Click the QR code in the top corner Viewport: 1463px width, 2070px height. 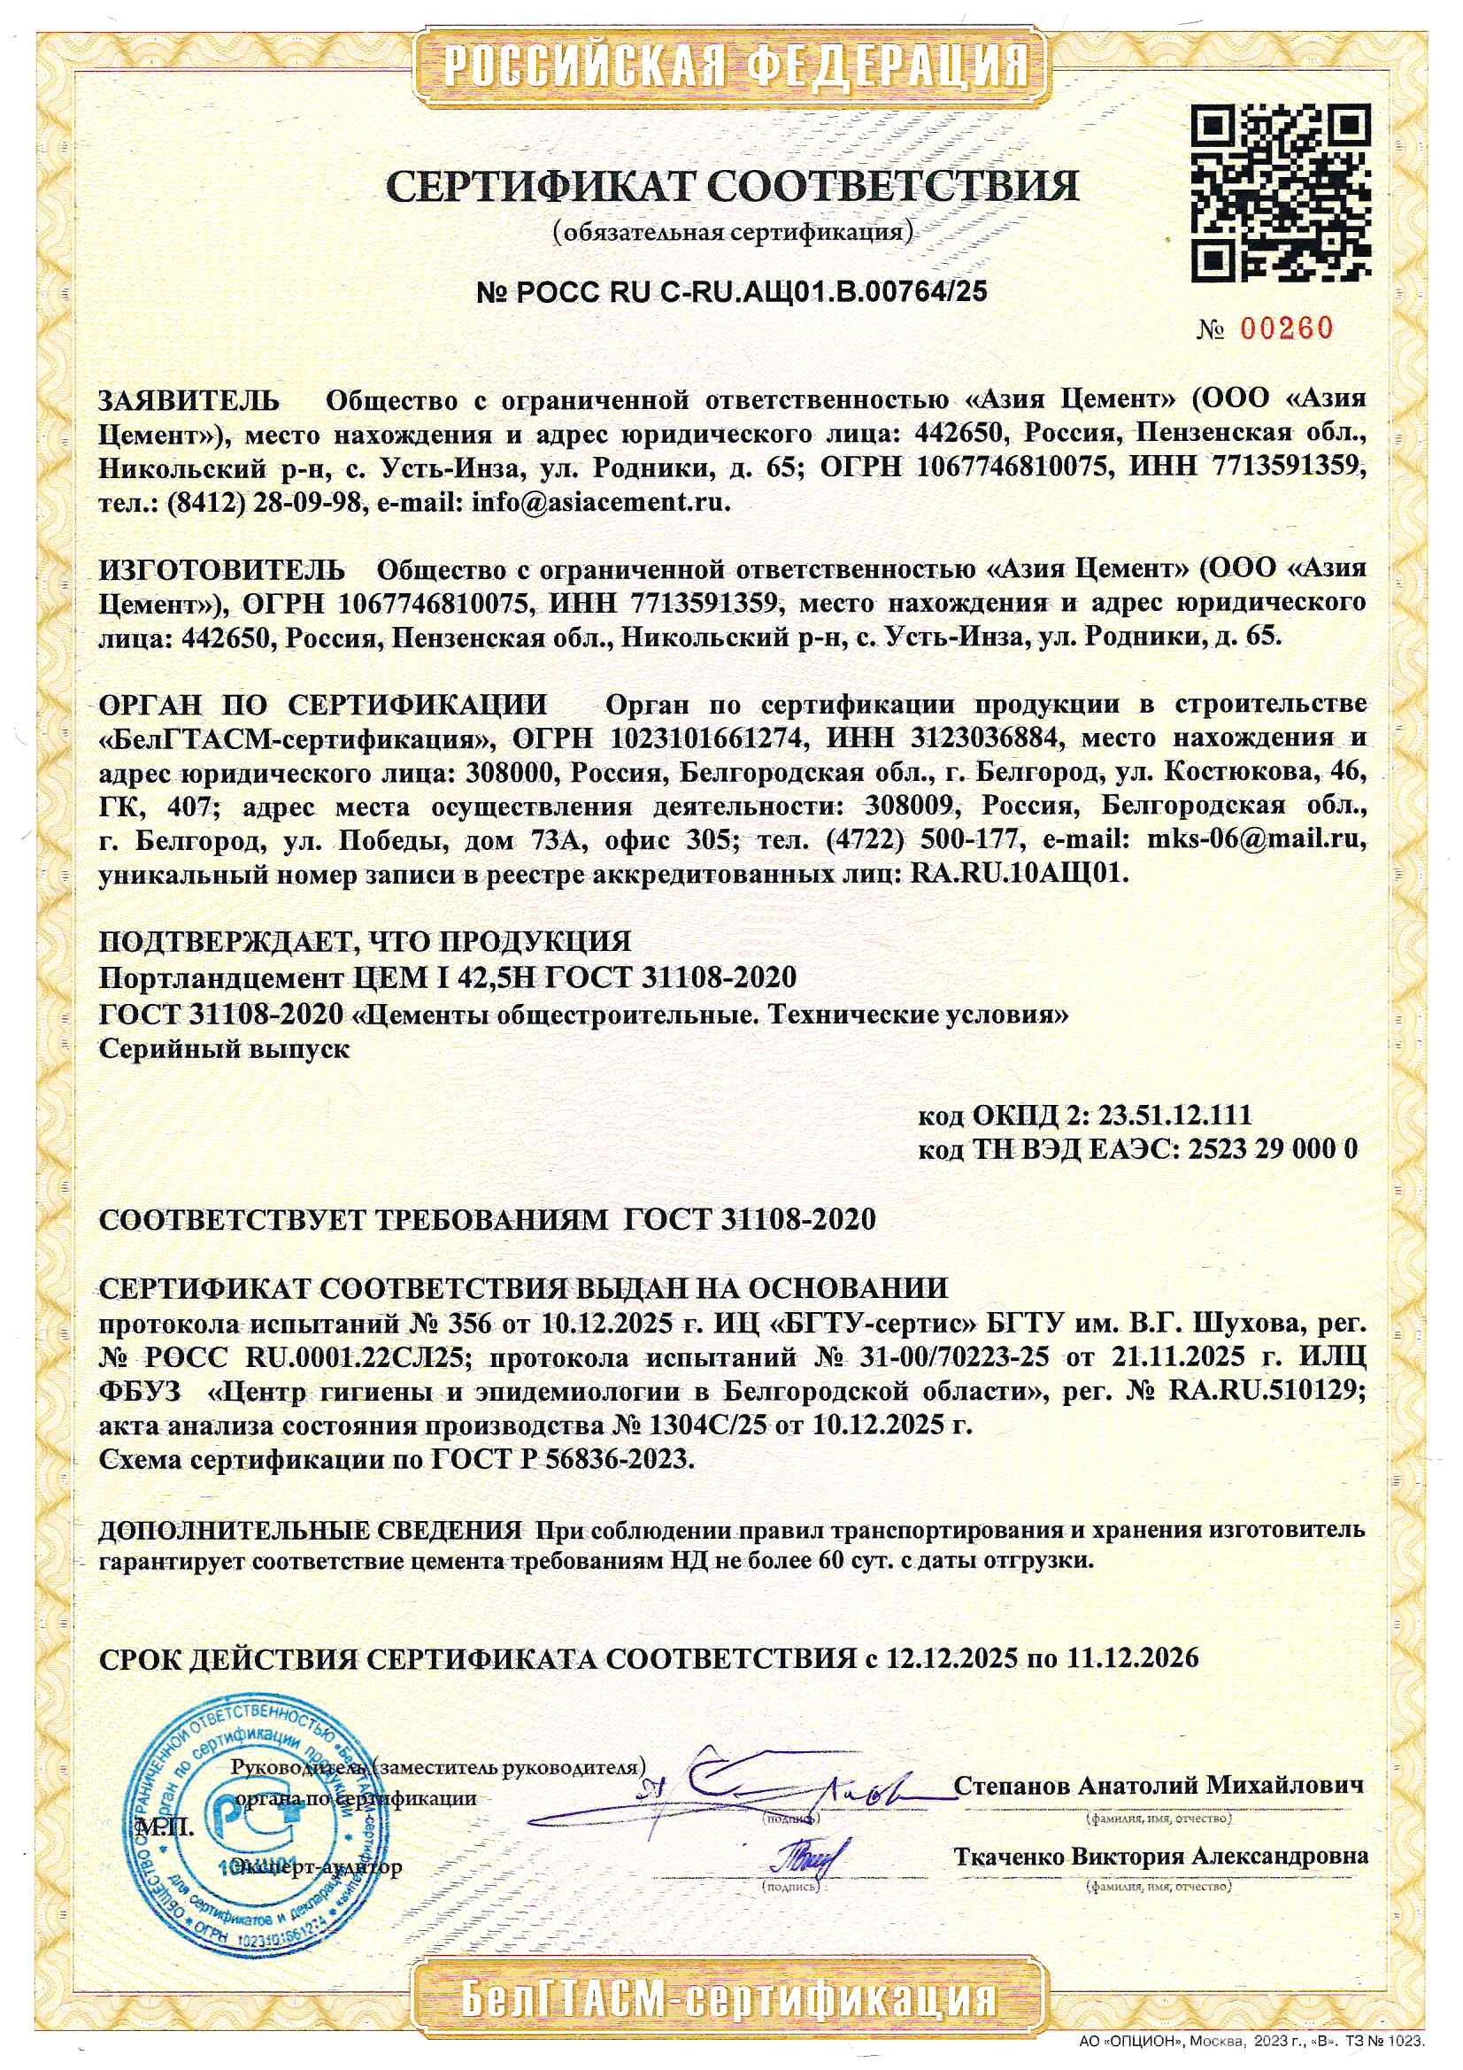pyautogui.click(x=1281, y=194)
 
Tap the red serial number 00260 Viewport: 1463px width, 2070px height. pyautogui.click(x=1286, y=328)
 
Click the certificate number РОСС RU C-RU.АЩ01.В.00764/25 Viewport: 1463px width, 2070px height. pyautogui.click(x=731, y=290)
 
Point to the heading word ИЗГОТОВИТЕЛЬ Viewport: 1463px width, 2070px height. pyautogui.click(x=222, y=570)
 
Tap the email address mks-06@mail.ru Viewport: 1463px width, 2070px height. pyautogui.click(x=1255, y=838)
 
